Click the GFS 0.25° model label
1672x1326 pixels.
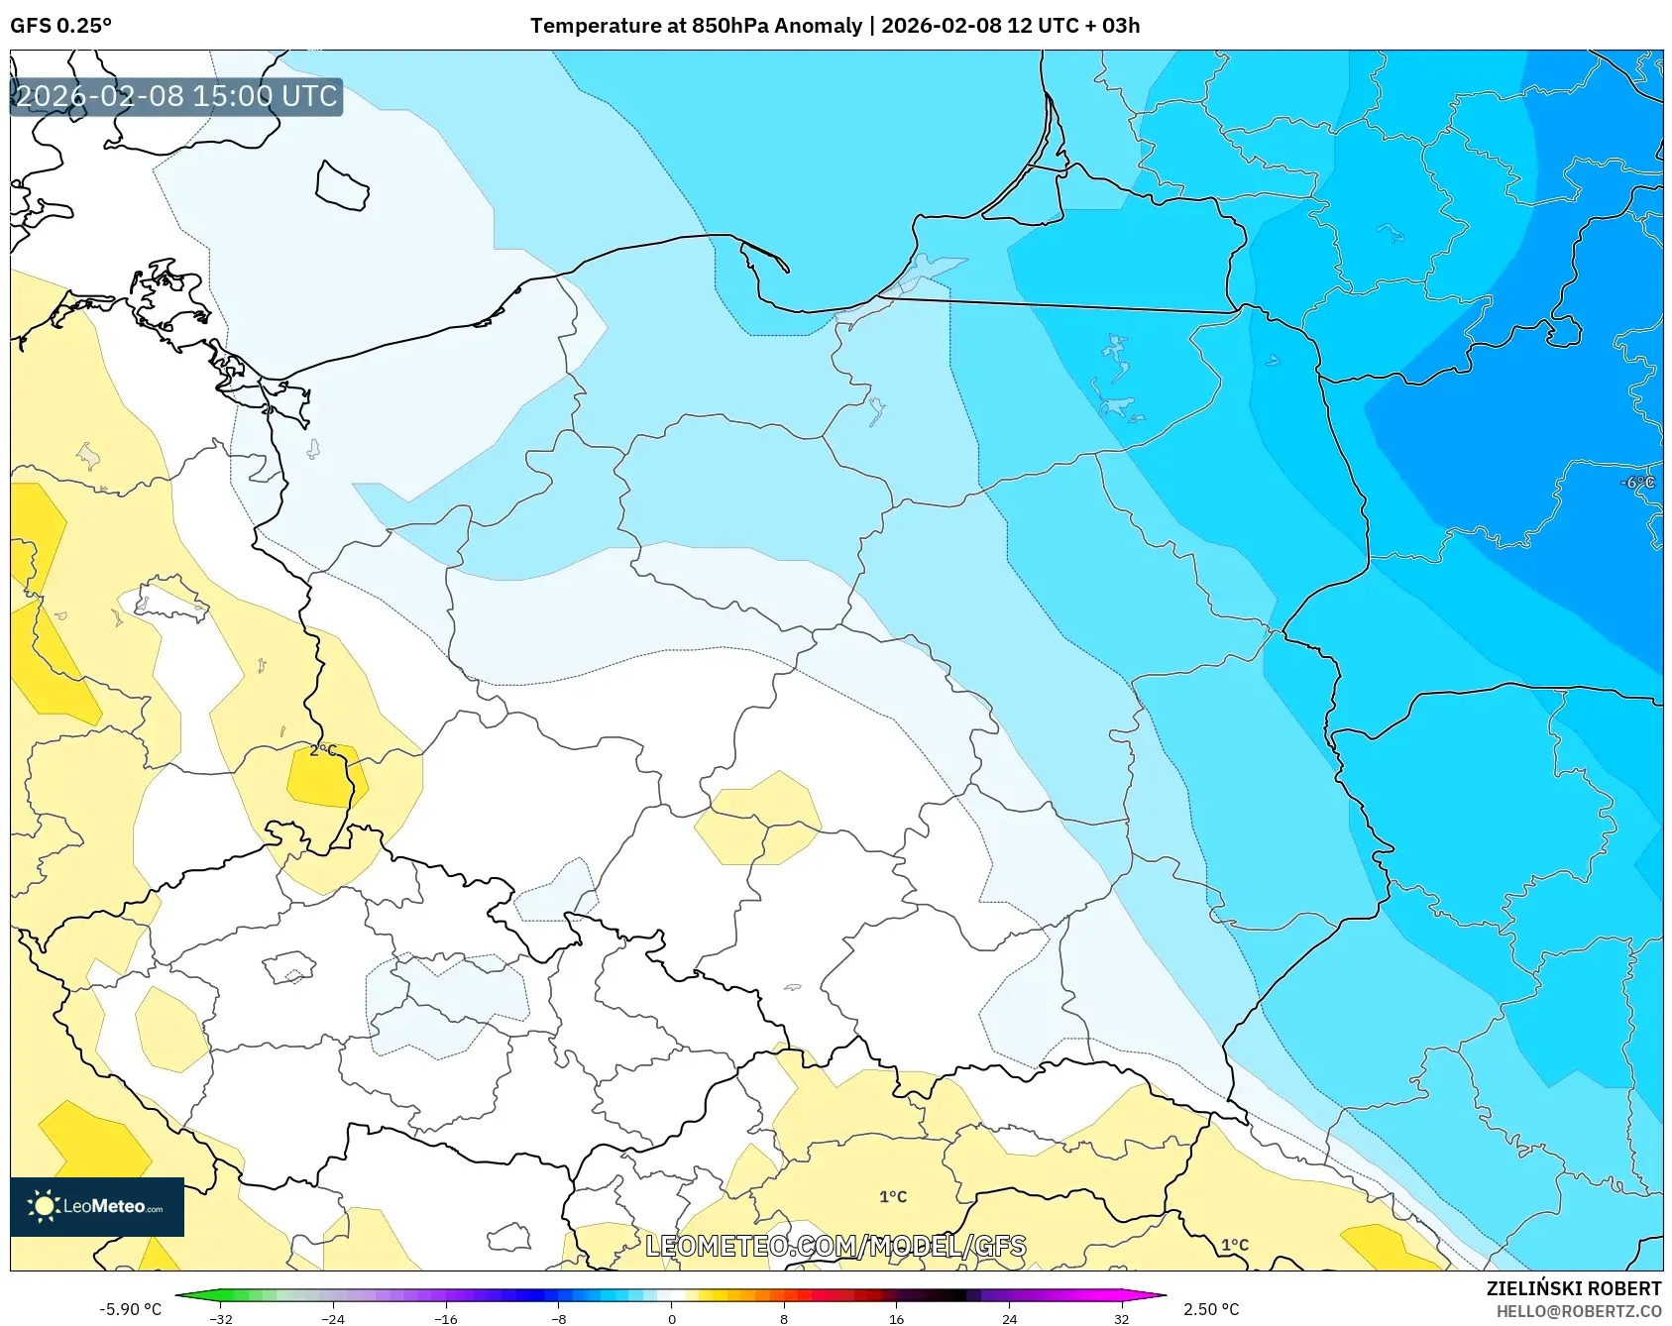point(60,26)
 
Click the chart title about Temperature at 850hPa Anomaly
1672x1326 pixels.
point(835,26)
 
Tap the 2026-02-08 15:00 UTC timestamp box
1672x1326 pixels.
point(176,97)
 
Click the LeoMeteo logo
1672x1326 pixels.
point(97,1206)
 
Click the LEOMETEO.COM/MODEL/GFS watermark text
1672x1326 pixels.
point(836,1246)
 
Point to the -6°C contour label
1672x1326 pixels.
point(1637,483)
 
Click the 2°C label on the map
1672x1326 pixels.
point(323,750)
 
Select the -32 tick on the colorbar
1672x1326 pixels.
point(221,1318)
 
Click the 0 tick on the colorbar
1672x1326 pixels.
point(672,1318)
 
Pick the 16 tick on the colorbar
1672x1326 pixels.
point(897,1318)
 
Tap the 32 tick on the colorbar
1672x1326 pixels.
point(1122,1318)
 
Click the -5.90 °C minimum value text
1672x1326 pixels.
point(130,1309)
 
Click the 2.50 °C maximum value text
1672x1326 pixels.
point(1211,1309)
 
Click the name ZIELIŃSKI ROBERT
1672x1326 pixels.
point(1574,1288)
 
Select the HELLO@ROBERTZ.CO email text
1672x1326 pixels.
point(1579,1311)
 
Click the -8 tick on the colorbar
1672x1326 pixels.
point(559,1318)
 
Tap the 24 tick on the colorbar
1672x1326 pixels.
point(1009,1318)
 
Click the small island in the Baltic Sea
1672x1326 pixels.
point(342,185)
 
